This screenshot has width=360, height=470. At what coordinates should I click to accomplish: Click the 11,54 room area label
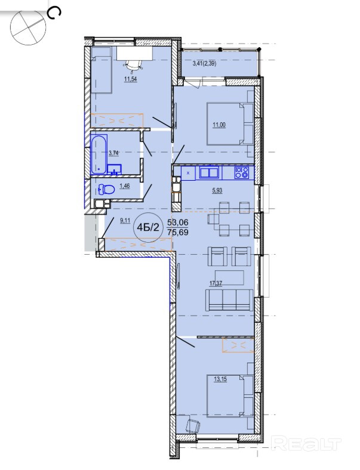click(130, 79)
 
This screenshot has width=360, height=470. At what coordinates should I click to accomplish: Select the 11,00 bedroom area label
click(219, 125)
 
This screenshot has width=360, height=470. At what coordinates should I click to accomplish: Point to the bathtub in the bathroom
click(99, 155)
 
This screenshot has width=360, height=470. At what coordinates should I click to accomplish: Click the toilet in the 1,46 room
click(107, 189)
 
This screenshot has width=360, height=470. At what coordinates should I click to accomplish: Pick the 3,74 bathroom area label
click(113, 153)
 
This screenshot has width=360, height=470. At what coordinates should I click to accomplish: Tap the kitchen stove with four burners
click(242, 172)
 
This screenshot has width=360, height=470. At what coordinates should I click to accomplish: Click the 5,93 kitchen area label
click(217, 190)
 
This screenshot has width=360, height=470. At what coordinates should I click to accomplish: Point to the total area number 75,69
click(178, 232)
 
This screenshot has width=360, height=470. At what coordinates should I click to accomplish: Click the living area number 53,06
click(177, 222)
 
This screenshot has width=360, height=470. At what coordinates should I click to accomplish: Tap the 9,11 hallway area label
click(125, 221)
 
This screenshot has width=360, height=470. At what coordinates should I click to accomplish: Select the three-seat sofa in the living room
click(229, 300)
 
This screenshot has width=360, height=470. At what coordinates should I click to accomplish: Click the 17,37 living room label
click(216, 283)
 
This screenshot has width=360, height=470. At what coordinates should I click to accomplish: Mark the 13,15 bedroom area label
click(220, 379)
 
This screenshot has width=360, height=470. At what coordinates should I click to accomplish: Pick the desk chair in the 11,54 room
click(133, 65)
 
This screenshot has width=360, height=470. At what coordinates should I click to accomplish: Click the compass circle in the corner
click(29, 27)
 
